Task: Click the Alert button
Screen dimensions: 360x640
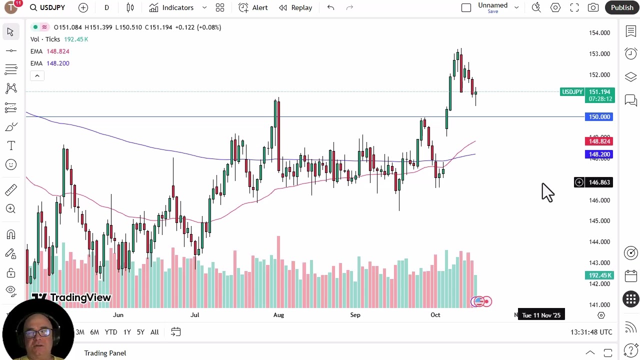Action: (x=253, y=7)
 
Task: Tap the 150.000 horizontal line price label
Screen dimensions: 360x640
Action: (x=599, y=117)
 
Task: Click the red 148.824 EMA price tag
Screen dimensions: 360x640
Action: (x=599, y=141)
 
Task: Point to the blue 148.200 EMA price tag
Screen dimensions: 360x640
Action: (x=599, y=154)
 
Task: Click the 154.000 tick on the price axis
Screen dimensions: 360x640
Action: (x=599, y=33)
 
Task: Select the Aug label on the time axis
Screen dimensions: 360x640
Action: (x=278, y=315)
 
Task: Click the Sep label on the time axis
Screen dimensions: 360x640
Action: (x=355, y=315)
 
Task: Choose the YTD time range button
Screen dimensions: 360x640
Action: (x=111, y=332)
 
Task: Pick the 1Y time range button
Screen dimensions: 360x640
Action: (x=127, y=332)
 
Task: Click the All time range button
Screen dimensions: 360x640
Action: (x=154, y=332)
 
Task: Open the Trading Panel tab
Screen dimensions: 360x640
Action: (x=105, y=353)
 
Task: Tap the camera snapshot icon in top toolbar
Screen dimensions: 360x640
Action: (x=593, y=7)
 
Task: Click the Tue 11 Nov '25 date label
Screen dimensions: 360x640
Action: (x=541, y=315)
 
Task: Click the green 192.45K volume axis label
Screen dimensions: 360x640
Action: (x=599, y=275)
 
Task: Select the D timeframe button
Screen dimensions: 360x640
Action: (x=106, y=7)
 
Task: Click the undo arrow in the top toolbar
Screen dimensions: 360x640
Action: (x=330, y=7)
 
